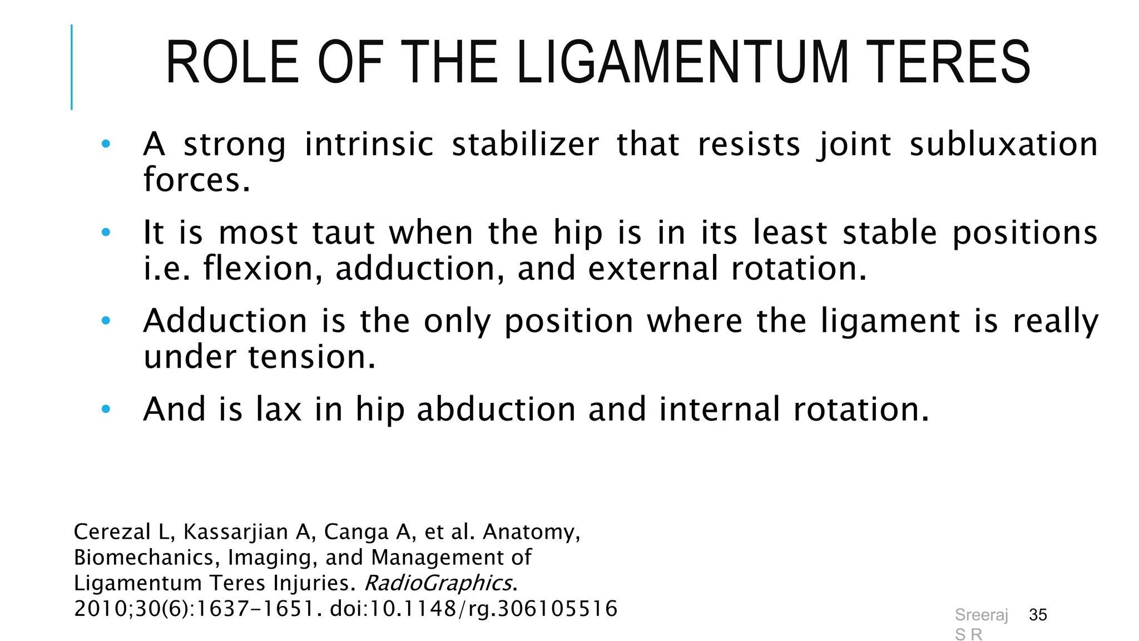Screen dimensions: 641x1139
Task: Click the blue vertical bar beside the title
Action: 72,67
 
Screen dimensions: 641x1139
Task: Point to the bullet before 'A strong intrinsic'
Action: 106,145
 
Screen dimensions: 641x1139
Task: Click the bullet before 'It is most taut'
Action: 106,233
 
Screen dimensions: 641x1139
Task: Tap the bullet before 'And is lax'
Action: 106,410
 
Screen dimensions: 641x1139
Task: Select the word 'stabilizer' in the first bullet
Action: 525,145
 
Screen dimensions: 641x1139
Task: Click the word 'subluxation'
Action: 1003,145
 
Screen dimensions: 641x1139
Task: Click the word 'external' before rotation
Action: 653,269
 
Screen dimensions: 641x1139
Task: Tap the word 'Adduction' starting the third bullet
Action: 225,322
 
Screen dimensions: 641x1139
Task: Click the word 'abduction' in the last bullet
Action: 496,410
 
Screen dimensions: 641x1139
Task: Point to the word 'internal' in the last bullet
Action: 720,410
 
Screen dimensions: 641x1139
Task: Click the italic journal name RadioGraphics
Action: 438,583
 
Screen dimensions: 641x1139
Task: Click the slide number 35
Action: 1038,615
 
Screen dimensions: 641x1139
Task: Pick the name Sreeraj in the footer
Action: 981,615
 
